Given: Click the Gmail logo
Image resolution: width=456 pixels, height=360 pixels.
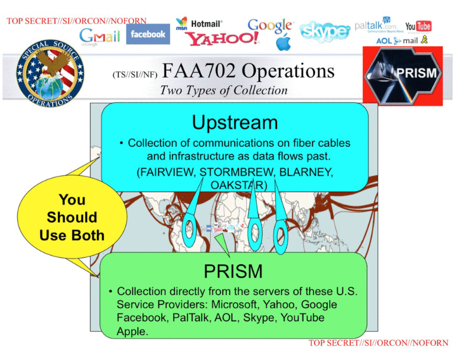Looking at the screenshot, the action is [100, 37].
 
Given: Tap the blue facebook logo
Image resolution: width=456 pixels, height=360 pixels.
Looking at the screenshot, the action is [148, 34].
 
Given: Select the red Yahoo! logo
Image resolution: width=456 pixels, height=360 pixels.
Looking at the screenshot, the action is [222, 39].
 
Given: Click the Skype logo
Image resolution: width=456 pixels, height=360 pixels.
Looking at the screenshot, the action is [324, 31].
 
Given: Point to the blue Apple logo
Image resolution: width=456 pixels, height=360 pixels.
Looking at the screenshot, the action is [284, 42].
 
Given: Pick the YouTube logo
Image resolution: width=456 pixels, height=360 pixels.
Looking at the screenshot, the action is [418, 27].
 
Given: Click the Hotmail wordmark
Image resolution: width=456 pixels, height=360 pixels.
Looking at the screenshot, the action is [207, 24].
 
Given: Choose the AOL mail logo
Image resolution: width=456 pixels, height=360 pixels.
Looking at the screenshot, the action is [402, 40].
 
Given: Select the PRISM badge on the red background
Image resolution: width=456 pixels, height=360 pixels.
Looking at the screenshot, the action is [403, 76].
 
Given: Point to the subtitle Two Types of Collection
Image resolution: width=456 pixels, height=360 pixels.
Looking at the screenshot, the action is [224, 90].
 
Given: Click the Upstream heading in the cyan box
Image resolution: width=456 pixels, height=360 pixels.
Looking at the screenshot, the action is [235, 122].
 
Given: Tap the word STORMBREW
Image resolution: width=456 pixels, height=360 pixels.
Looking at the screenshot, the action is [236, 172].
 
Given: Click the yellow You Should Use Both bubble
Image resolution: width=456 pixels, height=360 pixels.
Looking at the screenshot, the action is [72, 217].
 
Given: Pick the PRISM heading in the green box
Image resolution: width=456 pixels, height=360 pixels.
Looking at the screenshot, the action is [233, 271].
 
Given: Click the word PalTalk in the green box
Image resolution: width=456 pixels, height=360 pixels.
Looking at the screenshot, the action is [190, 318].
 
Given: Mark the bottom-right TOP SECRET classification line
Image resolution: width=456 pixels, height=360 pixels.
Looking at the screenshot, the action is [379, 343].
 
